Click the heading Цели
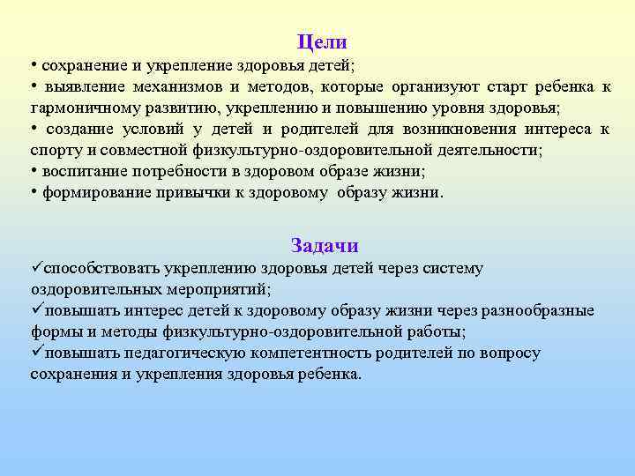point(322,42)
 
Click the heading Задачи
point(325,246)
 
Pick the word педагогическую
point(185,353)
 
